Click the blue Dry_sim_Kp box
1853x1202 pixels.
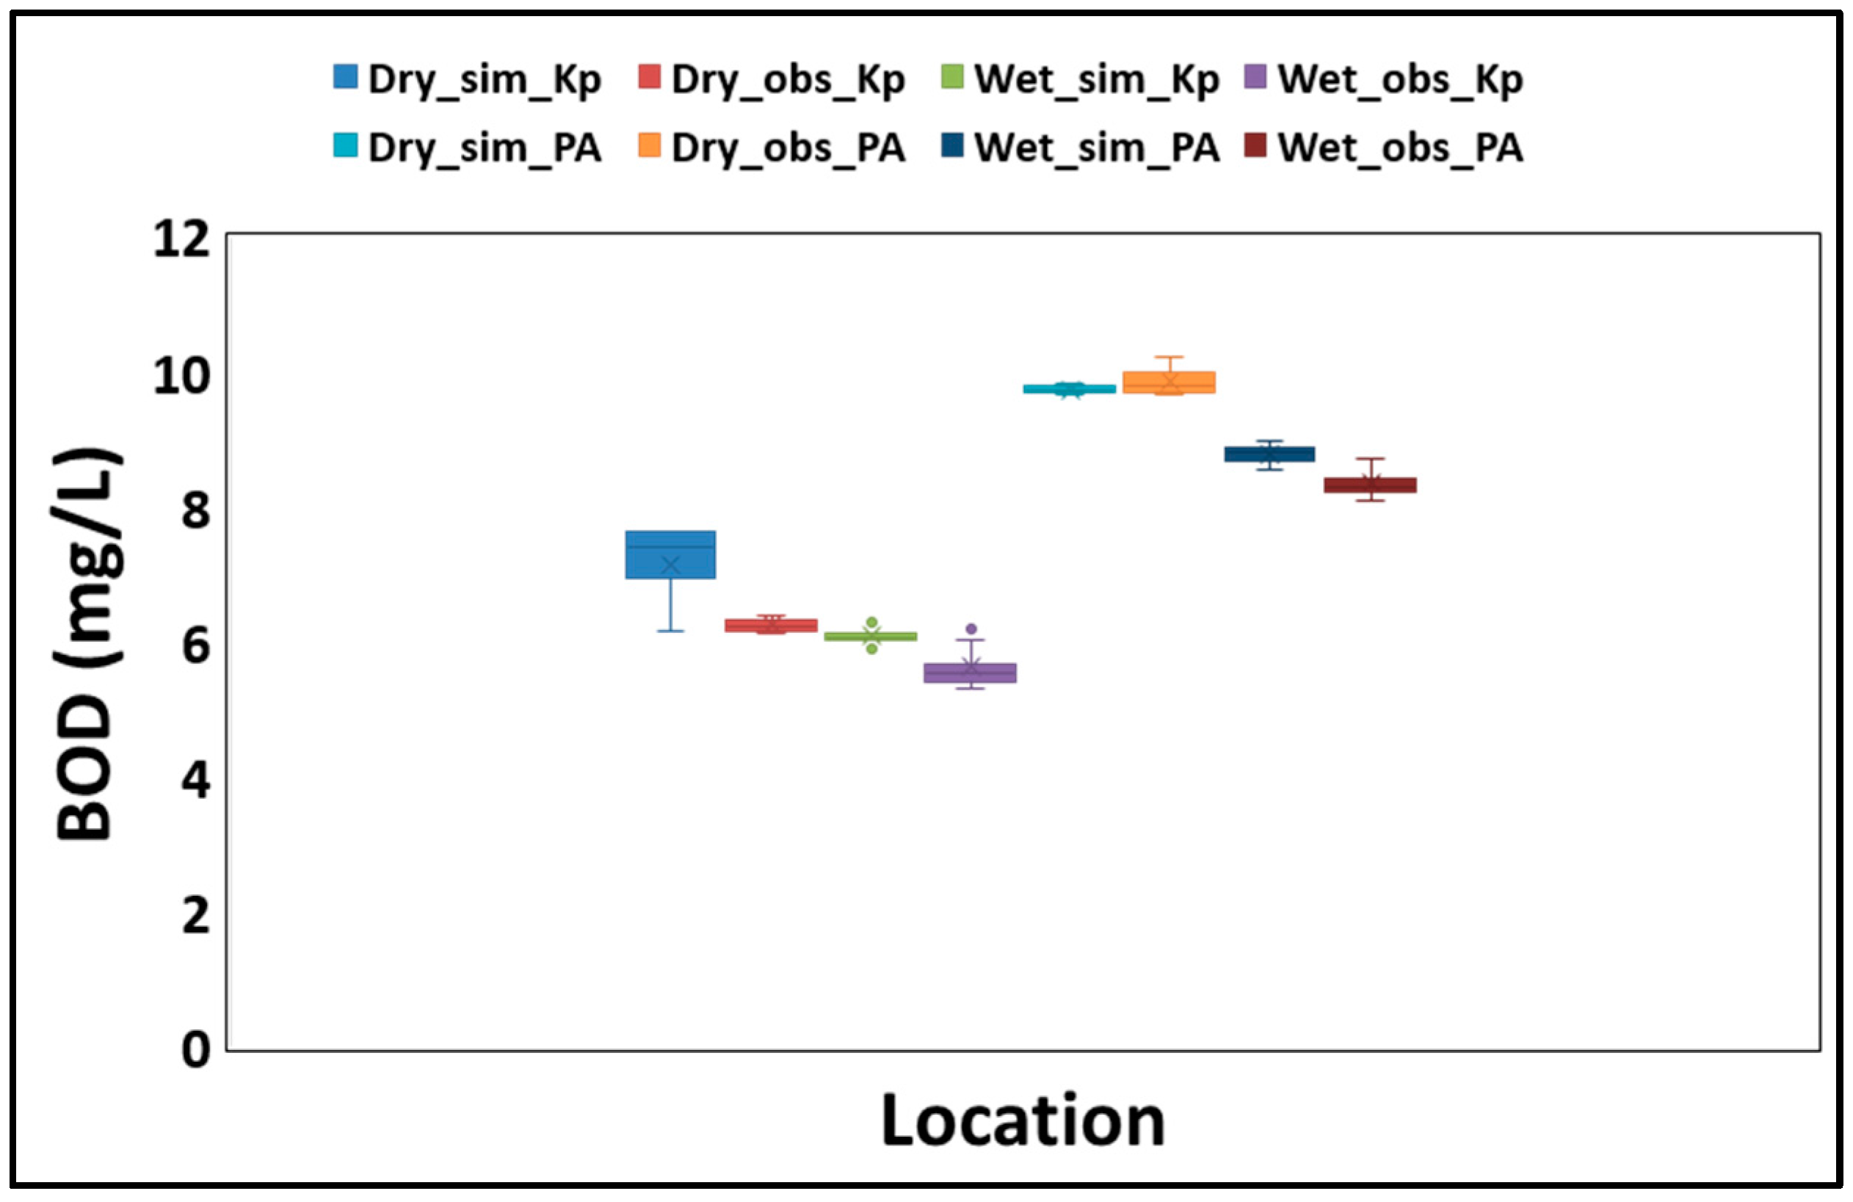coord(670,554)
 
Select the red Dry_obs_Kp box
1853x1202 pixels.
coord(771,625)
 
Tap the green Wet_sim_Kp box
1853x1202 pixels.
coord(871,636)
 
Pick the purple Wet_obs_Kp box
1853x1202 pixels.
coord(969,673)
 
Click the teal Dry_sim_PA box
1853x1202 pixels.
coord(1069,388)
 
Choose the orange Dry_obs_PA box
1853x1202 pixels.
coord(1169,383)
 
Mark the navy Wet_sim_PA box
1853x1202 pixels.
coord(1269,454)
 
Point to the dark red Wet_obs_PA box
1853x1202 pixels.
coord(1369,485)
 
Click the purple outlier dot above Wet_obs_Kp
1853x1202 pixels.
coord(971,629)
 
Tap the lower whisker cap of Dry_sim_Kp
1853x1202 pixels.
coord(670,631)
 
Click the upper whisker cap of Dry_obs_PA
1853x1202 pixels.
coord(1169,358)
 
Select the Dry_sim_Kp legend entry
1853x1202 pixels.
coord(467,79)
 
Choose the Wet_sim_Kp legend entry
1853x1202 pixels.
coord(1079,79)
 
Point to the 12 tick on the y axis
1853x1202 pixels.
coord(182,239)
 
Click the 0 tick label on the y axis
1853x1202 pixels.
coord(196,1049)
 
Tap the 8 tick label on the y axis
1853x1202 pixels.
coord(196,512)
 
